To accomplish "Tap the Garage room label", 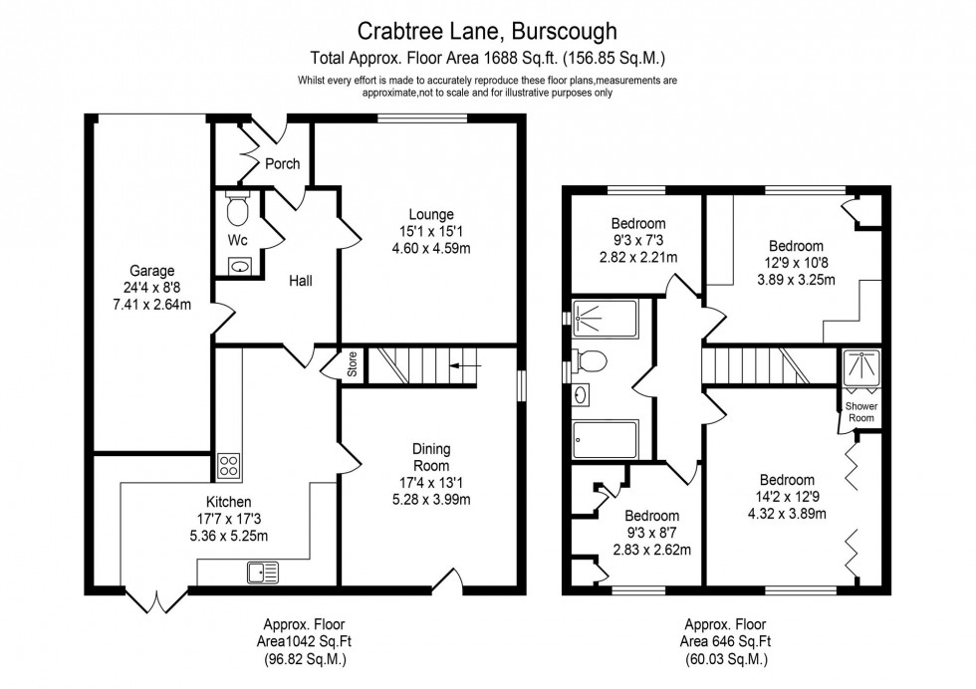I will click(x=151, y=270).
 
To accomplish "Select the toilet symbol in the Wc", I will click(x=237, y=210).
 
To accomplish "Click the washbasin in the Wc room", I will click(x=239, y=265).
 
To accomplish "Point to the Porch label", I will click(x=282, y=164).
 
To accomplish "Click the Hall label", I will click(x=300, y=282).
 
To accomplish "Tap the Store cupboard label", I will click(x=352, y=364).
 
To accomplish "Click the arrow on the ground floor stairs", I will click(x=464, y=365).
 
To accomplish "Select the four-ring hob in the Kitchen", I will click(x=228, y=466).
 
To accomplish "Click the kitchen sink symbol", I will click(x=265, y=572).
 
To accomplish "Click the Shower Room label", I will click(x=859, y=412).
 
